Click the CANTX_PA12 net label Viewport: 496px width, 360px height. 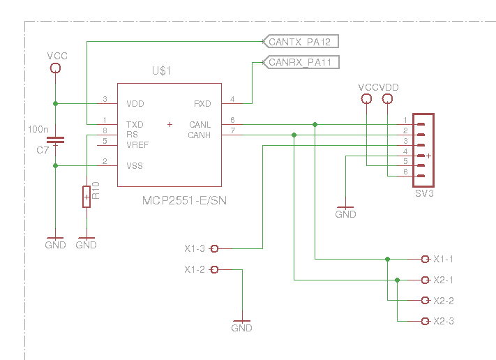pos(301,41)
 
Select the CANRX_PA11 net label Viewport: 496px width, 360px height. pos(301,62)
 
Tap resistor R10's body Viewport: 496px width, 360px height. pos(87,197)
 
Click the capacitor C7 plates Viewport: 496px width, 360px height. pos(55,140)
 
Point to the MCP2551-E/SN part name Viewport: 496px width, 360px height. pos(184,200)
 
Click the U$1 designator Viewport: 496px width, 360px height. pos(161,70)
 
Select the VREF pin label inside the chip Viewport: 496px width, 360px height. pos(137,145)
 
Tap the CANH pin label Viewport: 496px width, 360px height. pos(199,135)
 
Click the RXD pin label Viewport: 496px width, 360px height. pos(202,104)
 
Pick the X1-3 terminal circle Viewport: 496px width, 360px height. pos(214,248)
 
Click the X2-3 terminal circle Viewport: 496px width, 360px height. pos(425,322)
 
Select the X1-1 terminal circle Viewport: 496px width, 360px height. pos(425,260)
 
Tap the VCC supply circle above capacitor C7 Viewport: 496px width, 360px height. pos(55,68)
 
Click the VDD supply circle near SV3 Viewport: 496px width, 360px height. pos(387,99)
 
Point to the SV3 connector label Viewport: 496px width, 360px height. pos(424,193)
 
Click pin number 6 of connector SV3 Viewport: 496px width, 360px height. pos(405,172)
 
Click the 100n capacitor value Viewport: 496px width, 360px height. pos(38,129)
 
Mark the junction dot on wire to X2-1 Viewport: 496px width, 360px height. pos(398,280)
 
